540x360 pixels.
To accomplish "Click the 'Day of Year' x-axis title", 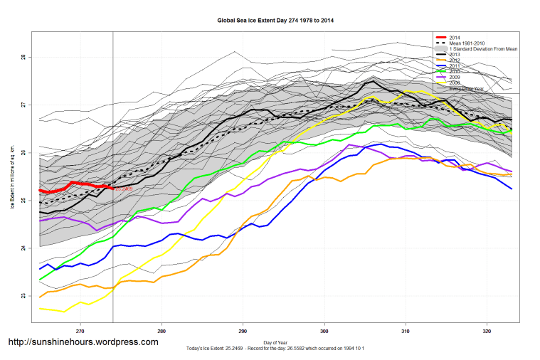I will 275,342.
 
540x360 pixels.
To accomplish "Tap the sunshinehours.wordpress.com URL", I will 83,342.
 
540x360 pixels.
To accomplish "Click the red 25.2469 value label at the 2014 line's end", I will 124,189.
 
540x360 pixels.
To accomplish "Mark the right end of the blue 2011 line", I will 512,189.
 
